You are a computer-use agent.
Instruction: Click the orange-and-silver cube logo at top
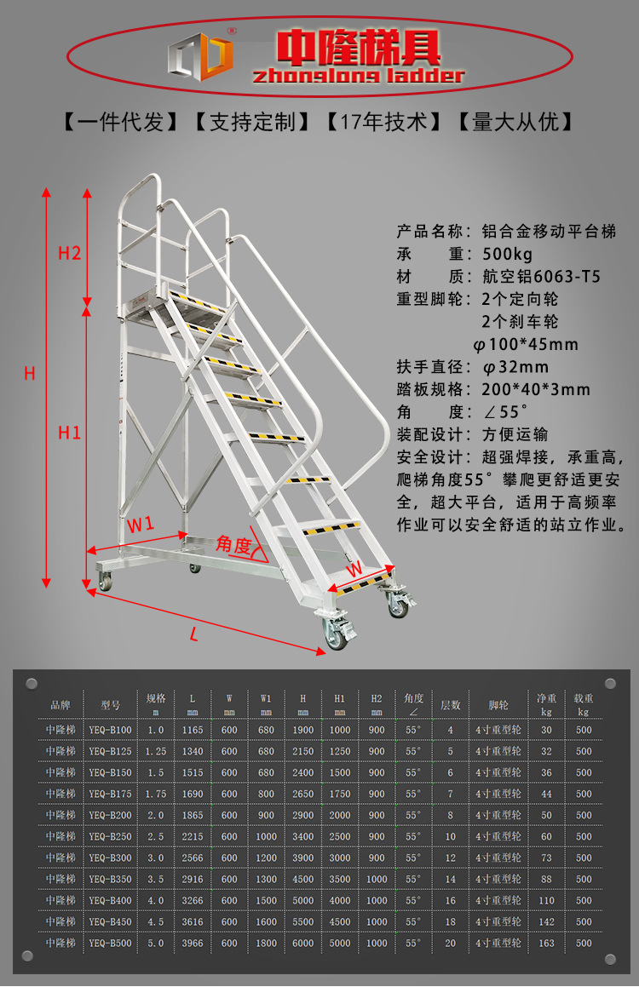[201, 56]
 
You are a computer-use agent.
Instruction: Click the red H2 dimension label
[69, 253]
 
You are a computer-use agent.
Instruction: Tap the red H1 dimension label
[69, 433]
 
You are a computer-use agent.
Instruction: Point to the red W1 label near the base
[141, 524]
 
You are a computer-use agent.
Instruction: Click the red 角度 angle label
[233, 544]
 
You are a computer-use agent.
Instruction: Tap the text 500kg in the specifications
[508, 255]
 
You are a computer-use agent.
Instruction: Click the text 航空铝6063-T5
[541, 276]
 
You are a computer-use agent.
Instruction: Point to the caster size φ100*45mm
[526, 344]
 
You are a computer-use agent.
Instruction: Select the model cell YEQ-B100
[110, 730]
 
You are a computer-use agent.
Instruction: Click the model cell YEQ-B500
[110, 943]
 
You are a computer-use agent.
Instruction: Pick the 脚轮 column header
[498, 705]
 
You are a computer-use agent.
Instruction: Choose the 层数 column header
[450, 705]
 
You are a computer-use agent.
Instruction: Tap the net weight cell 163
[546, 943]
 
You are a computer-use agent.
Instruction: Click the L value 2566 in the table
[193, 858]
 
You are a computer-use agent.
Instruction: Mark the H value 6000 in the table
[302, 943]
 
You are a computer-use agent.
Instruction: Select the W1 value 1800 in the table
[267, 943]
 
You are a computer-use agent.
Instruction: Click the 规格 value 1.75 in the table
[156, 794]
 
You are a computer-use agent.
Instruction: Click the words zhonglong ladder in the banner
[358, 76]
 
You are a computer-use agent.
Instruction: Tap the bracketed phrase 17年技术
[384, 122]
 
